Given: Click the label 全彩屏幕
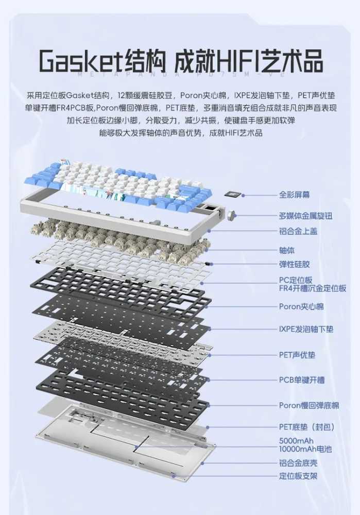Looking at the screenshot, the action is (x=294, y=195).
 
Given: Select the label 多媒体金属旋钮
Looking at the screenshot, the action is (x=306, y=216).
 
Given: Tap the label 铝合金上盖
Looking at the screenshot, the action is (x=298, y=231).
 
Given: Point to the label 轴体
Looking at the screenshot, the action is (x=287, y=251).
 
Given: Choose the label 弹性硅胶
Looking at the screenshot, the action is (x=294, y=264).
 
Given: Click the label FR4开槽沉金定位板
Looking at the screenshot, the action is (x=313, y=288).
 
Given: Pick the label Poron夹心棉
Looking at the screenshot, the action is (x=301, y=306).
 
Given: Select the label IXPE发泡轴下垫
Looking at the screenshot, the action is (x=306, y=329).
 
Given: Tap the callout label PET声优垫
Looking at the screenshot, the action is (x=297, y=355).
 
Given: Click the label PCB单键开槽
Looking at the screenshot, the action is (x=302, y=380).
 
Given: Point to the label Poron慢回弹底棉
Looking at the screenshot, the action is (x=309, y=405).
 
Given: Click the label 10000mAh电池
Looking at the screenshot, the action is (x=305, y=449).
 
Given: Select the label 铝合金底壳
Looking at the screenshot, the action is (x=298, y=463).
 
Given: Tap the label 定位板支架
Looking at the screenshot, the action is (x=298, y=476).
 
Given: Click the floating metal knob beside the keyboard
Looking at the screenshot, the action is (x=233, y=215).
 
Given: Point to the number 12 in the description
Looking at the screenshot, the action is (x=121, y=96).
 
